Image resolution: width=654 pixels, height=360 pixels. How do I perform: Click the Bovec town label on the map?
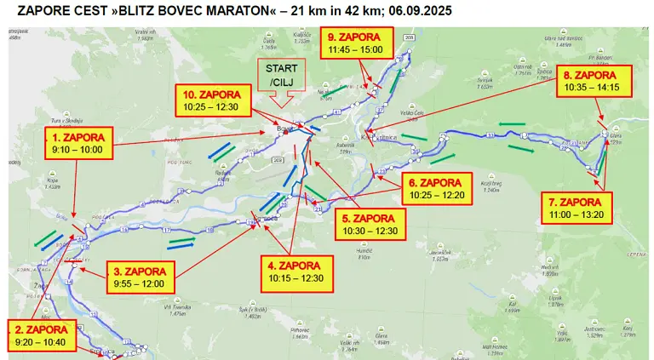283,129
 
